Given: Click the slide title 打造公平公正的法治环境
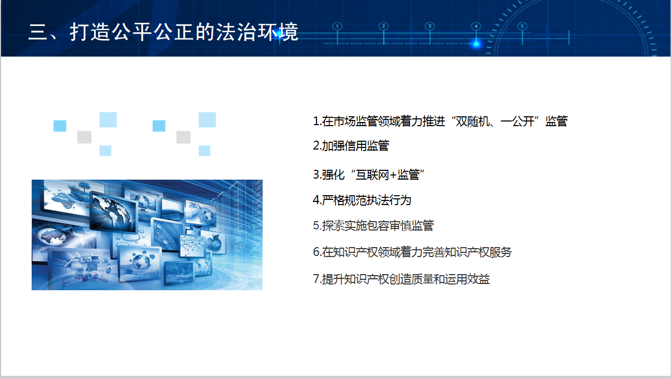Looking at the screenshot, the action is (184, 32).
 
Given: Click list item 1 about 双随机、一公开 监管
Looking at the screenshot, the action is (440, 121).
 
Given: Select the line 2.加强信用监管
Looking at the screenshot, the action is (351, 145).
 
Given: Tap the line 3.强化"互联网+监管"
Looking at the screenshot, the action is (369, 174).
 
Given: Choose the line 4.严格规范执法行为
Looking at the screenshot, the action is (362, 200).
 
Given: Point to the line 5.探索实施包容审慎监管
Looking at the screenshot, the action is (373, 226).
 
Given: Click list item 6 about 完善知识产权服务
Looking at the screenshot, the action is (412, 252).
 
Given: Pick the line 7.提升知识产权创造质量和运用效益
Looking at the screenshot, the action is (401, 279).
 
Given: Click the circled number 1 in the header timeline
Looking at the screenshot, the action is (337, 26).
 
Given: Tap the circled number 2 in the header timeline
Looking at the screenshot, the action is (384, 26).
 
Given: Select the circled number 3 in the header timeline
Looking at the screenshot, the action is (430, 26).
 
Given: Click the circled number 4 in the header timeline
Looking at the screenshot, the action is (476, 26).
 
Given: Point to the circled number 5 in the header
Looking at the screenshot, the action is (522, 26).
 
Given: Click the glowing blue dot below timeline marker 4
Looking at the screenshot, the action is (476, 44).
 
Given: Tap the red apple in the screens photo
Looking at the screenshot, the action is (214, 242).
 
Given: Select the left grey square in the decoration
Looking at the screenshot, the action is (84, 137).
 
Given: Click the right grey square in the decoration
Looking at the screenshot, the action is (183, 137).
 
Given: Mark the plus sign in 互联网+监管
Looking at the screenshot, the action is (393, 175).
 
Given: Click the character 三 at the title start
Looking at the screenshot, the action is (38, 32).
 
